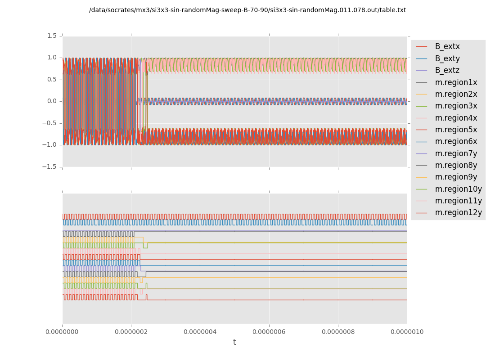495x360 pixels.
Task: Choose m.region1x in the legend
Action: pyautogui.click(x=456, y=82)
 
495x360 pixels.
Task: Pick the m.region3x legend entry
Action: pyautogui.click(x=456, y=106)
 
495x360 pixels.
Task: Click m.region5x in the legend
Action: pyautogui.click(x=456, y=130)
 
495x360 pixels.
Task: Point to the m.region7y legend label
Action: pyautogui.click(x=456, y=153)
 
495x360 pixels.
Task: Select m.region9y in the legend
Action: pyautogui.click(x=456, y=177)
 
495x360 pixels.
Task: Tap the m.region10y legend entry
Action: pyautogui.click(x=458, y=189)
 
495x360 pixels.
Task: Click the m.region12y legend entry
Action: pyautogui.click(x=458, y=212)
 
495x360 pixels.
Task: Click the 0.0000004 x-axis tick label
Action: pyautogui.click(x=200, y=332)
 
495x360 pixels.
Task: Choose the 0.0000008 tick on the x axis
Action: pyautogui.click(x=338, y=332)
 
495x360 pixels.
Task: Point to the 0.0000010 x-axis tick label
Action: pyautogui.click(x=407, y=332)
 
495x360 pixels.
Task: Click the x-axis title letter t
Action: pyautogui.click(x=234, y=342)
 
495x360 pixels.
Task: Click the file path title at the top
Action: pyautogui.click(x=247, y=10)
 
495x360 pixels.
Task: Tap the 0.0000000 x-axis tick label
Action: pyautogui.click(x=63, y=332)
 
